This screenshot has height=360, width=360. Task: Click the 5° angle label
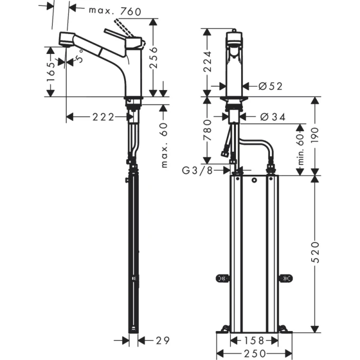click(80, 59)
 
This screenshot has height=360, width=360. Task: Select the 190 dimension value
click(315, 135)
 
